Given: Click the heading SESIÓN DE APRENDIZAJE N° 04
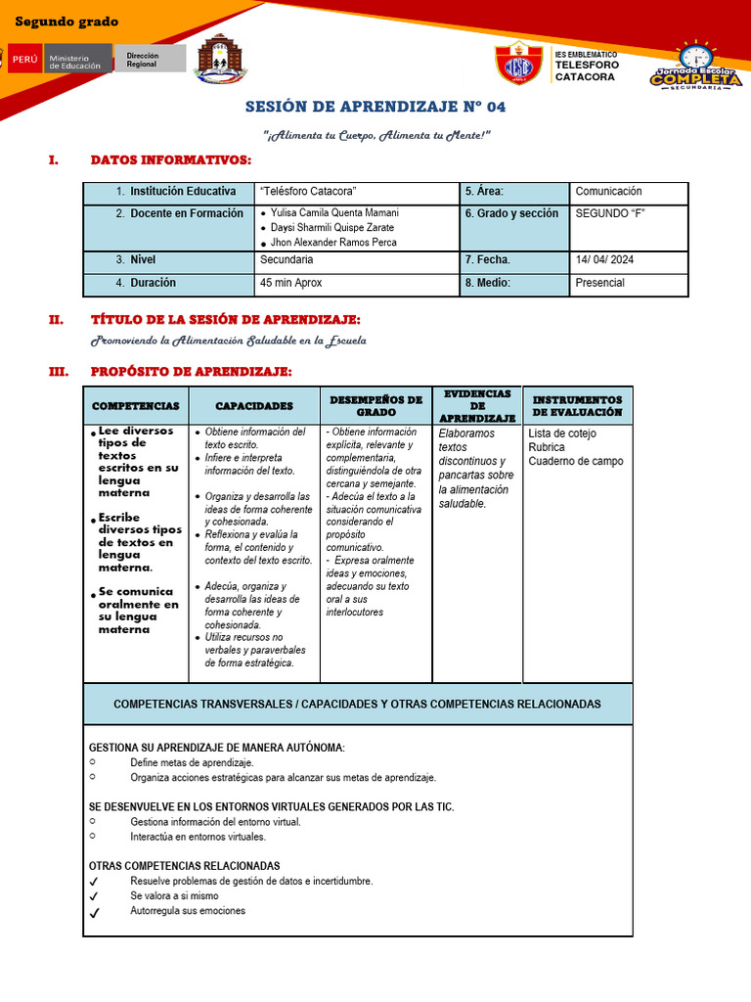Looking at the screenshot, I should [x=375, y=107].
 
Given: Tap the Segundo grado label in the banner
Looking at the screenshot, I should [x=66, y=22].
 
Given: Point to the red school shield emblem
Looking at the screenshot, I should [x=519, y=63].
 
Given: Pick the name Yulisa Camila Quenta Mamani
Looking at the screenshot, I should [x=334, y=212].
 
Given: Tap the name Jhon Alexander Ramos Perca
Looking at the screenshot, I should [x=332, y=242].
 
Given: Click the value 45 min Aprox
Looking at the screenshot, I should [x=291, y=283].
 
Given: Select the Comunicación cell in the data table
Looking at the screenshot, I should [x=608, y=192].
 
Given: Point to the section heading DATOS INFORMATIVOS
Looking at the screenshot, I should [x=170, y=159].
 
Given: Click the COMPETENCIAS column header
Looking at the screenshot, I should [x=136, y=405].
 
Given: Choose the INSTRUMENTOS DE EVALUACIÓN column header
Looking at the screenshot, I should [x=577, y=406].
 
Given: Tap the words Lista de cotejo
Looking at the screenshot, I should [x=561, y=433].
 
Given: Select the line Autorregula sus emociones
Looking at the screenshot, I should [x=188, y=911].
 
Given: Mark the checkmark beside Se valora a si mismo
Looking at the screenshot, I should [x=94, y=896].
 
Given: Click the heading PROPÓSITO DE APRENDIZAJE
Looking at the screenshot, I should [x=191, y=371].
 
